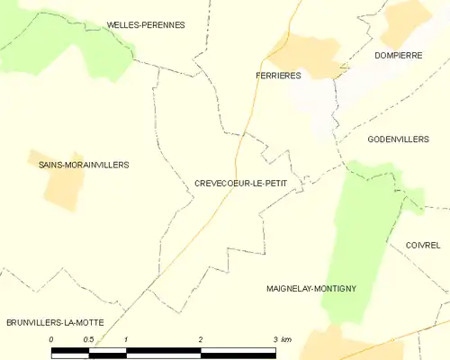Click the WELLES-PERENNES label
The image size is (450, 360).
[145, 25]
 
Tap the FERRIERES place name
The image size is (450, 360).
[277, 76]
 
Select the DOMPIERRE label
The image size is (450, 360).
[399, 55]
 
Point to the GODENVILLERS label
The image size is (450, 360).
[398, 139]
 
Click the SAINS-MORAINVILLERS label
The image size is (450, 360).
[84, 165]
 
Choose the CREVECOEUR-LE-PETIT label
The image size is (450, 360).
[240, 183]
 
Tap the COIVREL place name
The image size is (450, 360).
[423, 245]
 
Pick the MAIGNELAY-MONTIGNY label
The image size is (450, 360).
[311, 289]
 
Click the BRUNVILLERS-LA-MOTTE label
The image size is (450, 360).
[54, 322]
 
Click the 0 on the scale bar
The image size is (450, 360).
[52, 339]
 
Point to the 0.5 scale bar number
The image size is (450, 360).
[88, 339]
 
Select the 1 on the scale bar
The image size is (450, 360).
[126, 339]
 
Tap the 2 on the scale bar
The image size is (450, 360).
[201, 339]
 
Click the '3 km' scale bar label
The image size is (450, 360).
[280, 339]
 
